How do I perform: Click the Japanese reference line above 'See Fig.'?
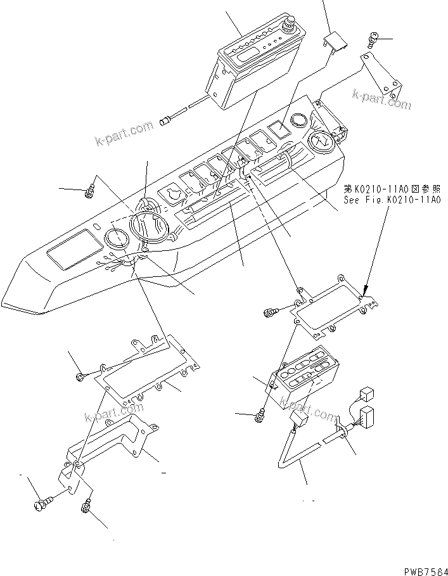pos(392,188)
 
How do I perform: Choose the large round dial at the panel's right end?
pos(323,141)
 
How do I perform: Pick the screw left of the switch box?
pos(259,416)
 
